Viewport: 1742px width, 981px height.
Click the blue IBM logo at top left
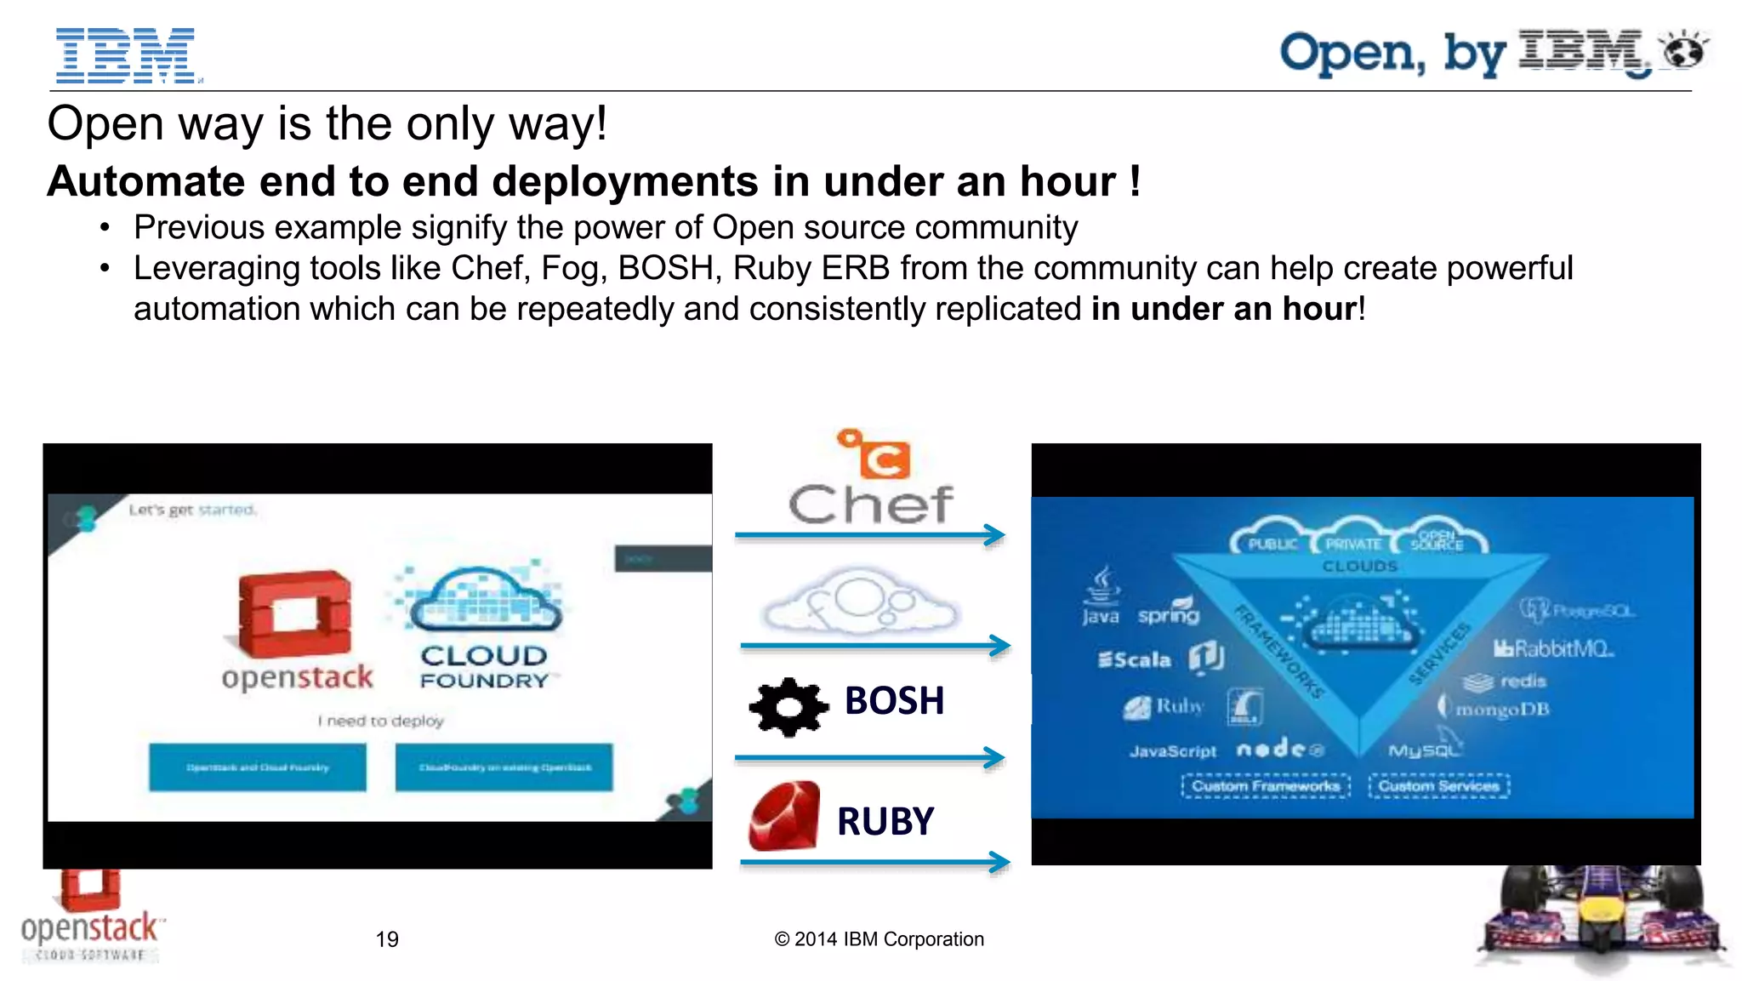point(126,55)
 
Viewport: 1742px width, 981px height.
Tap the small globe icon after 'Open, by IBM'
point(1684,50)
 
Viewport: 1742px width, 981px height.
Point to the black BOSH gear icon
point(788,706)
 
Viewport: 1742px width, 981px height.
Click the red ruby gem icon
point(784,817)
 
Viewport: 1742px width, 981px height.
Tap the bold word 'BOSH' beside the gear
point(894,701)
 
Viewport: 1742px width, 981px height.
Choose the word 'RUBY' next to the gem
point(885,822)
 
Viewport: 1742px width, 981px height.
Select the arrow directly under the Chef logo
point(869,535)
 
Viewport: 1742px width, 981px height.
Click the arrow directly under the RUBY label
point(874,863)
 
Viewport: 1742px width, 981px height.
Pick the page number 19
point(387,939)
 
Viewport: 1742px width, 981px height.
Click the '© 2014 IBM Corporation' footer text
point(879,939)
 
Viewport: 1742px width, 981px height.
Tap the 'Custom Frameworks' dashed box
point(1266,786)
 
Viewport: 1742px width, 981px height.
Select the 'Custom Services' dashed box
point(1438,786)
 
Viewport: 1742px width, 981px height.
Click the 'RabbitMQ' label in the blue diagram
point(1553,649)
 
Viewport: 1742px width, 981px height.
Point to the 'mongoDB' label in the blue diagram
point(1502,709)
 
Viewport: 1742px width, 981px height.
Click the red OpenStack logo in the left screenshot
point(294,613)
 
